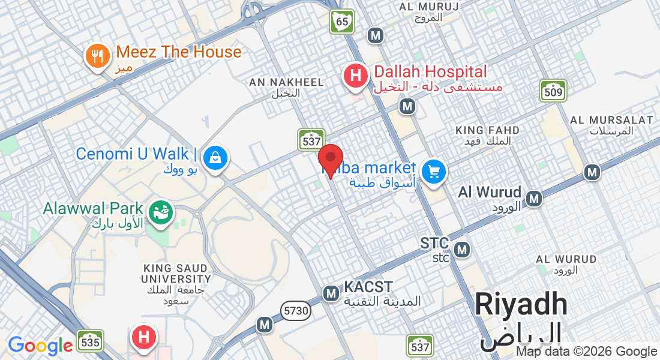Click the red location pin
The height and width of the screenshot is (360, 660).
[330, 160]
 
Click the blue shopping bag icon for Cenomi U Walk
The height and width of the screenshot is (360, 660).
[214, 158]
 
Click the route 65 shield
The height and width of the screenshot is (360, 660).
[342, 22]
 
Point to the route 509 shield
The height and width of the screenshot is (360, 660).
[553, 91]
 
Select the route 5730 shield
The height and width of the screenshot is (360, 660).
[295, 310]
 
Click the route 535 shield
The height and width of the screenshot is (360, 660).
[89, 341]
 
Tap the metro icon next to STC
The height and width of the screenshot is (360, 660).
[462, 249]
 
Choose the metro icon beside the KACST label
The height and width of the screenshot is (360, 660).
[331, 293]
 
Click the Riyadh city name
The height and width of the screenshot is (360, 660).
[521, 305]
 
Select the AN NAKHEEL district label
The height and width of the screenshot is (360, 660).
[286, 82]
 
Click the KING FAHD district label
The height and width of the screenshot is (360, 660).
[487, 130]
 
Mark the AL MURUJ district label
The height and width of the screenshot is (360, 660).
[428, 7]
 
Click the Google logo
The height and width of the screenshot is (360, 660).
[40, 345]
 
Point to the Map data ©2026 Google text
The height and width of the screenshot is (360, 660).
[587, 352]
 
